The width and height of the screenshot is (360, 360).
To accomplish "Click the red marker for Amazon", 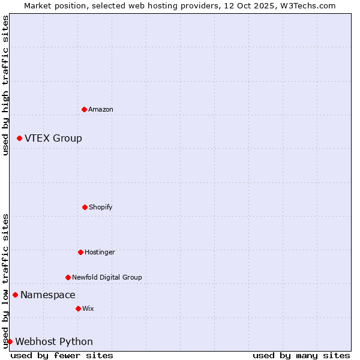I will (84, 109).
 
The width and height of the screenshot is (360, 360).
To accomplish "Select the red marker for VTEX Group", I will (19, 138).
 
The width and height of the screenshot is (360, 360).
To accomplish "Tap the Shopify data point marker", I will (85, 207).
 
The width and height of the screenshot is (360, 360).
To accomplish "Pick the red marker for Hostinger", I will (80, 252).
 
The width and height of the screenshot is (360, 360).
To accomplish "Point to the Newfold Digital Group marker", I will (68, 277).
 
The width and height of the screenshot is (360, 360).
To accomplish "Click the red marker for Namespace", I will (15, 295).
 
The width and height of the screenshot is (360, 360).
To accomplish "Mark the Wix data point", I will (78, 308).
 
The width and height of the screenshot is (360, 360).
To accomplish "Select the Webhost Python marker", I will (10, 341).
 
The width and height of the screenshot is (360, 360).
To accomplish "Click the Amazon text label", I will (101, 109).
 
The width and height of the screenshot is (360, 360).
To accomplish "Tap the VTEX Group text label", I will (53, 138).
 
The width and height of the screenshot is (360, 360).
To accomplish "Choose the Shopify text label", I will (101, 207).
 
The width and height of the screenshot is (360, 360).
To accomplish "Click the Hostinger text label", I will (100, 252).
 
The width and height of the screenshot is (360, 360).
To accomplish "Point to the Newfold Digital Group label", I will (107, 277).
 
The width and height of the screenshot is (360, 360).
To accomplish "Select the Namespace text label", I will (48, 295).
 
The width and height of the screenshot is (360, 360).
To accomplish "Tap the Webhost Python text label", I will (54, 341).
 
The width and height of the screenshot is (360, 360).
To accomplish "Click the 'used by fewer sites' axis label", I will (62, 355).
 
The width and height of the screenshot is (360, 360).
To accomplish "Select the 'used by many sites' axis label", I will (301, 355).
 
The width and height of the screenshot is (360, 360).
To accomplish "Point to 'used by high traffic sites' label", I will (5, 85).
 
